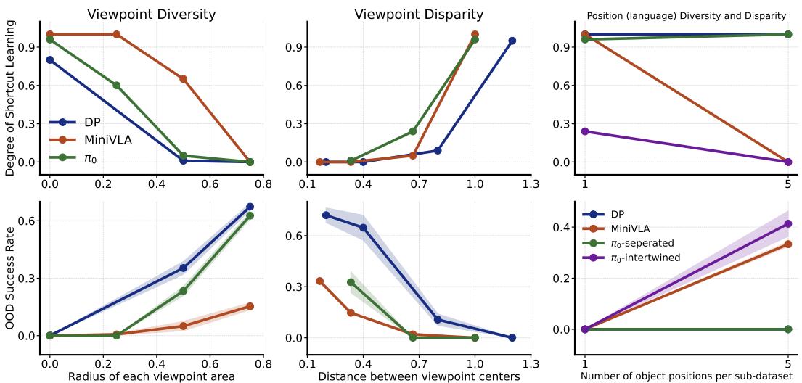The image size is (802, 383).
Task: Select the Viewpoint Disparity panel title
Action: pos(419,15)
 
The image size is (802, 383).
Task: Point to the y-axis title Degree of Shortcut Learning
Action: pos(9,98)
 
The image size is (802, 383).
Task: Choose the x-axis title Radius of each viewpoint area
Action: pos(151,376)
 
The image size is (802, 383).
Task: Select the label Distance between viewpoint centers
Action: pos(419,376)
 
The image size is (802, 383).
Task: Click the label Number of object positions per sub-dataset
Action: pos(686,376)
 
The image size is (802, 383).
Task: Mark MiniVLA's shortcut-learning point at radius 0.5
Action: pos(184,79)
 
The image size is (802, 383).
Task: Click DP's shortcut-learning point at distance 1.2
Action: pos(512,41)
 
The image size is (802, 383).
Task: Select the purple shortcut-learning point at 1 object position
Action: pos(585,131)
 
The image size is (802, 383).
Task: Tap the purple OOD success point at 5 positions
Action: pos(787,224)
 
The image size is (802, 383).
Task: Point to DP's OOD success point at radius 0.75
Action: pos(250,207)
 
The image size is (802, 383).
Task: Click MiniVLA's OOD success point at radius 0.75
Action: pos(250,306)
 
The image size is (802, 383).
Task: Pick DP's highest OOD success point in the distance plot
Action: pos(326,215)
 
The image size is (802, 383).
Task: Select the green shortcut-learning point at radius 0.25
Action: pos(116,85)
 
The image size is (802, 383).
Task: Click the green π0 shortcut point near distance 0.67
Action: pos(413,131)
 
